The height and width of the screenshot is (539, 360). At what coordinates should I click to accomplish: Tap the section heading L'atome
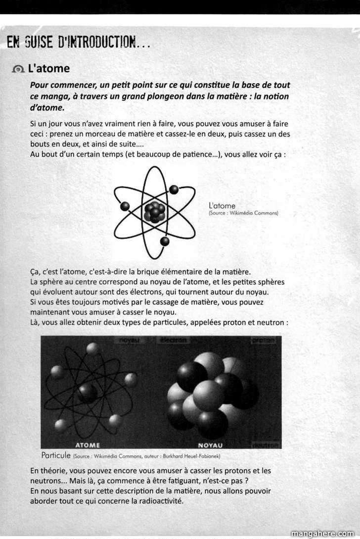(x=49, y=68)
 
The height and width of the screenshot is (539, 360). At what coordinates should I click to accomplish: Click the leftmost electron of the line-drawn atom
(x=125, y=206)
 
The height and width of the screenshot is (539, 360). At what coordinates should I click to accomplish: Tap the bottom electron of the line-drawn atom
(x=165, y=241)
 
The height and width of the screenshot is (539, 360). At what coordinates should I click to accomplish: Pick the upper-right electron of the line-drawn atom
(x=174, y=190)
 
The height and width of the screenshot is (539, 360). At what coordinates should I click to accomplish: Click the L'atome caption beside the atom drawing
(x=222, y=205)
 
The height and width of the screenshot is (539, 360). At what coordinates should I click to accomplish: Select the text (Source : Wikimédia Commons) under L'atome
(x=243, y=213)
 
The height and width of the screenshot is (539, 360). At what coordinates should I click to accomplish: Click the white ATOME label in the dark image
(x=88, y=444)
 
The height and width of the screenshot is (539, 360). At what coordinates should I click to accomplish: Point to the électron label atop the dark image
(x=173, y=341)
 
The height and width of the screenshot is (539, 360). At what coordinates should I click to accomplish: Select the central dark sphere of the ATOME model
(x=88, y=392)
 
